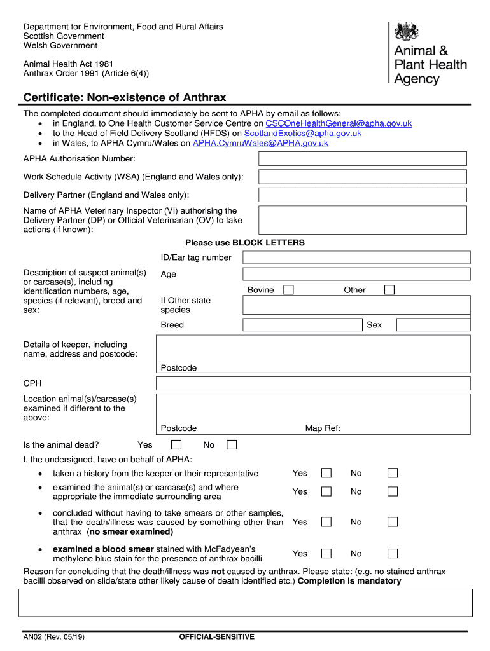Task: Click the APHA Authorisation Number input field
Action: [x=363, y=159]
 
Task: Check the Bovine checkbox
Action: [x=288, y=290]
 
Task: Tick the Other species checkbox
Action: [x=389, y=290]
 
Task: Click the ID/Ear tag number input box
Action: [x=356, y=257]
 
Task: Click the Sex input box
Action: [x=433, y=325]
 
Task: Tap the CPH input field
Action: [x=312, y=383]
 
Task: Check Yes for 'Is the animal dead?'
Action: [x=176, y=445]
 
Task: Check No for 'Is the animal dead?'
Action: [x=232, y=445]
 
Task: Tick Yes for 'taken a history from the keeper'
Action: [x=326, y=473]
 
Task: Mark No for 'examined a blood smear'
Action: [x=393, y=554]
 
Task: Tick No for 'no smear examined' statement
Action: [x=393, y=522]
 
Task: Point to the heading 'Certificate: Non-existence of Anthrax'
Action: [x=125, y=97]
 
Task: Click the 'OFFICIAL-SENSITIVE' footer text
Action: [x=217, y=636]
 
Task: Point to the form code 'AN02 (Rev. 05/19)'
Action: [x=50, y=636]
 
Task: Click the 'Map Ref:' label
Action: [x=323, y=428]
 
